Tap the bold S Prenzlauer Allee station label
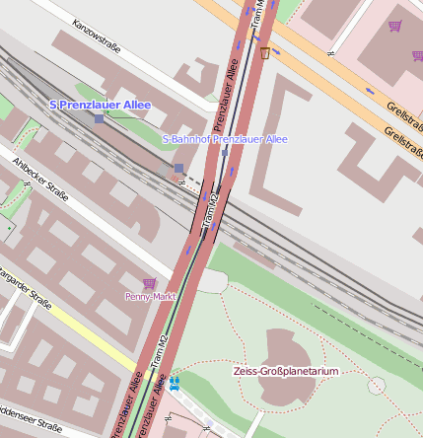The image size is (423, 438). (100, 105)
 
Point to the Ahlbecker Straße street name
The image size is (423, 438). (40, 179)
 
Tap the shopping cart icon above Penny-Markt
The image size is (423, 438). (150, 283)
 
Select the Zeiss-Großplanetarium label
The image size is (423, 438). (286, 372)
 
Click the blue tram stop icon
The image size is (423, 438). (175, 380)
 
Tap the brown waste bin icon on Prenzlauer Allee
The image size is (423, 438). (265, 52)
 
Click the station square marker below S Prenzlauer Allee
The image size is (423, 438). (100, 117)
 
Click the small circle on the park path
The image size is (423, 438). (376, 386)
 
